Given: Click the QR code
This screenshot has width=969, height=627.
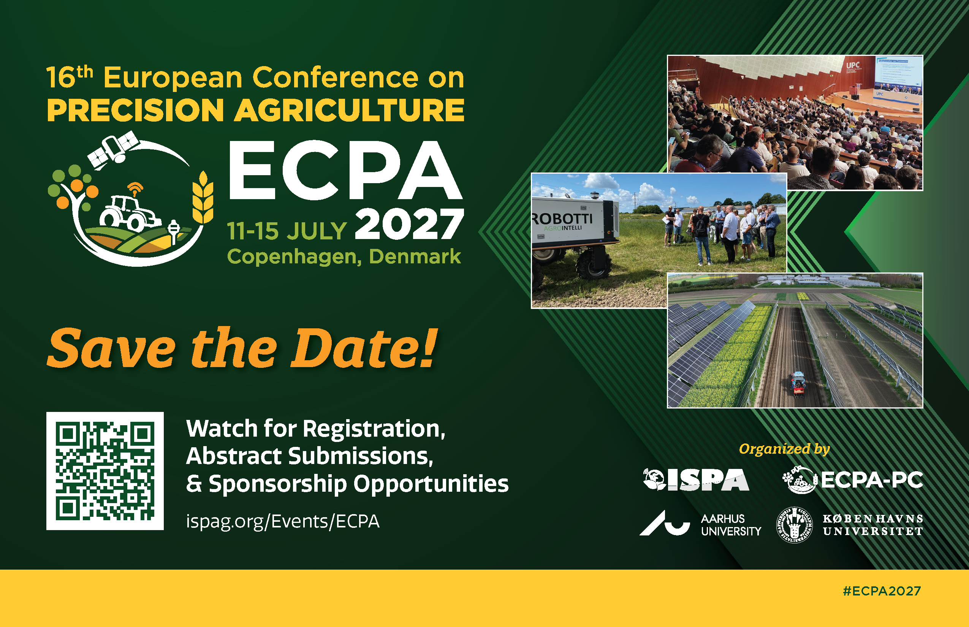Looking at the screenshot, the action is pyautogui.click(x=105, y=471).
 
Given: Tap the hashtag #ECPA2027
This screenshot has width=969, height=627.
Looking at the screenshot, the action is pyautogui.click(x=882, y=591).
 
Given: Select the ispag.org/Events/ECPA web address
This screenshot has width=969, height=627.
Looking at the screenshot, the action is pyautogui.click(x=283, y=521).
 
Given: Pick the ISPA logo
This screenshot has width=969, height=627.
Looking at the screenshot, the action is pyautogui.click(x=696, y=480).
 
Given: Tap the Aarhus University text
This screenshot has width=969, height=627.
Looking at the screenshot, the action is pyautogui.click(x=731, y=525).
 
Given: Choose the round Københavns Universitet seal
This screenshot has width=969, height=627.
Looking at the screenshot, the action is pyautogui.click(x=794, y=525).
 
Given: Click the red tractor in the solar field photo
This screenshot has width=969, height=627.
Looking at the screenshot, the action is pyautogui.click(x=798, y=383).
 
